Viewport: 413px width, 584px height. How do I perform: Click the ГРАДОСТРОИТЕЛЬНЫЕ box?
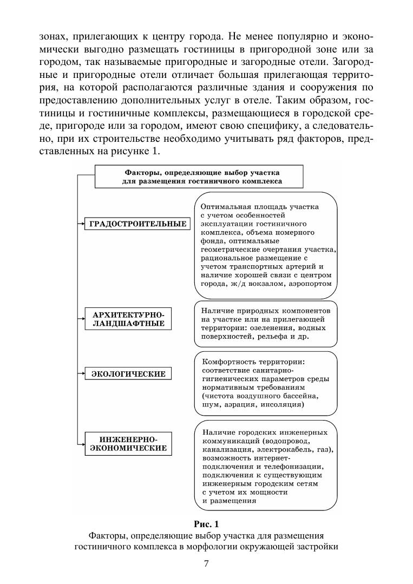[138, 224]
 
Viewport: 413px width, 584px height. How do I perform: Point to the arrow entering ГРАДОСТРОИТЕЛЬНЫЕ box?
[81, 224]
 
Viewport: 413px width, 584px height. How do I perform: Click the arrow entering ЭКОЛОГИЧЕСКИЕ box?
[81, 373]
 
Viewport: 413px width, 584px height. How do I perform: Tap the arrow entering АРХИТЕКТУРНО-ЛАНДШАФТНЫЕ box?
[81, 319]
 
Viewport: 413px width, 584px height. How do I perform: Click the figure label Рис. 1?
[206, 524]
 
